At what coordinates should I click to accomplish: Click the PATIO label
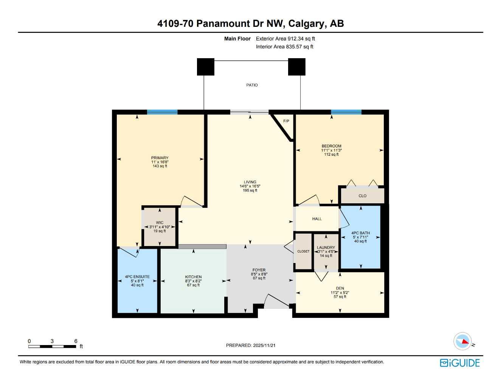[252, 85]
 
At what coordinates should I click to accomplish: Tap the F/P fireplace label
[286, 121]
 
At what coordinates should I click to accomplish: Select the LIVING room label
[250, 182]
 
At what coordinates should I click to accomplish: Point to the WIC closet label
[160, 223]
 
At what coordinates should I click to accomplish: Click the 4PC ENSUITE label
[137, 277]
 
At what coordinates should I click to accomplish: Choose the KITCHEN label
[193, 277]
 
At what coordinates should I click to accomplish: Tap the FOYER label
[259, 270]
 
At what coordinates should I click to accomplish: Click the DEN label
[340, 288]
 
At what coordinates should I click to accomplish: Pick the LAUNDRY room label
[326, 248]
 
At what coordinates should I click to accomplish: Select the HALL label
[317, 219]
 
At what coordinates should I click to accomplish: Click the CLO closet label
[362, 196]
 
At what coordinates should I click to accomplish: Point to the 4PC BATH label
[360, 233]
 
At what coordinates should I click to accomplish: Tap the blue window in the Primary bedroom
[162, 112]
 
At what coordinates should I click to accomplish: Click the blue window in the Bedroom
[346, 112]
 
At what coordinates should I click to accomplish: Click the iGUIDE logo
[460, 363]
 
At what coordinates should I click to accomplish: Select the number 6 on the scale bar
[76, 341]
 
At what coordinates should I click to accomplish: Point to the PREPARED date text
[251, 345]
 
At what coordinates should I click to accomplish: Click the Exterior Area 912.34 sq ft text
[285, 39]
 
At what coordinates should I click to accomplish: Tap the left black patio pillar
[206, 67]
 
